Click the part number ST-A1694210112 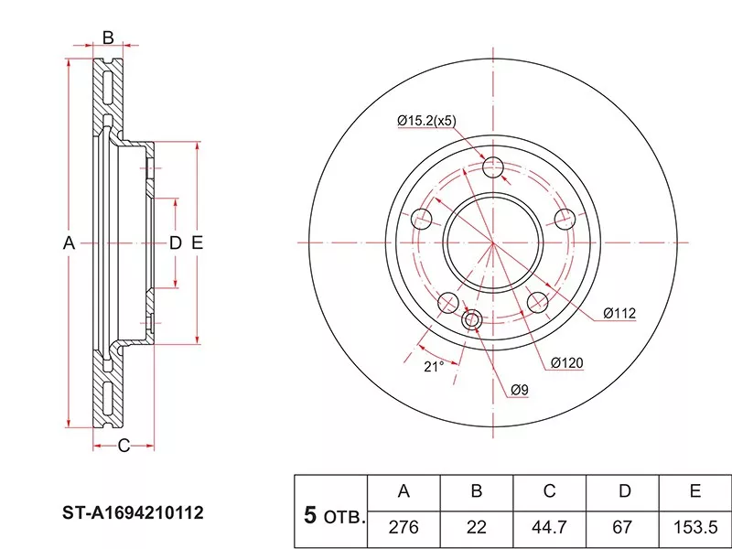tap(134, 513)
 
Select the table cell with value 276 tap(403, 527)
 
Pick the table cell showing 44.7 tap(549, 527)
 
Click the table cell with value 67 tap(623, 527)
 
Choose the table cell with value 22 tap(476, 527)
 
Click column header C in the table tap(549, 491)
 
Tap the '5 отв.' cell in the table tap(331, 516)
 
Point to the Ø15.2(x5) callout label tap(425, 121)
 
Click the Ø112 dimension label tap(619, 313)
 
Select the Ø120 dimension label tap(566, 363)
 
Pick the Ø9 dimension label tap(519, 391)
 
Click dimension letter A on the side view tap(67, 243)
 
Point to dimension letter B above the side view tap(107, 38)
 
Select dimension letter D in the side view tap(175, 243)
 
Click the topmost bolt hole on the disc tap(493, 167)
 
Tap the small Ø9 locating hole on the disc tap(472, 320)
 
